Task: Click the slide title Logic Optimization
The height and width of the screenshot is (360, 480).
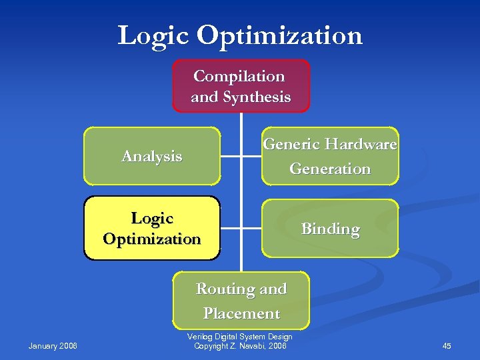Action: (x=240, y=35)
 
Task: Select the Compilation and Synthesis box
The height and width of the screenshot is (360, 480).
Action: (x=241, y=86)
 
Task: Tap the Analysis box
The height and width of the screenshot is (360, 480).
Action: (x=152, y=156)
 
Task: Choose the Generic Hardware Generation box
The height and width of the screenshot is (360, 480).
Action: (x=330, y=156)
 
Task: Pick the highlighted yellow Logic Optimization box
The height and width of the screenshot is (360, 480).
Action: (x=152, y=228)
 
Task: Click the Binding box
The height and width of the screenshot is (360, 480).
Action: (x=330, y=229)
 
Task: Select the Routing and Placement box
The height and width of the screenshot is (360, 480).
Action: (x=241, y=301)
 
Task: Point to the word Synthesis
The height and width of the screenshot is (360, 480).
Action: (x=257, y=97)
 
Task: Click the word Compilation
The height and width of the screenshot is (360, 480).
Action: (x=239, y=76)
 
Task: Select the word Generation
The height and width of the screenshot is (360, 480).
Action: (x=330, y=169)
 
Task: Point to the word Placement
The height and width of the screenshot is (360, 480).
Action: (x=241, y=313)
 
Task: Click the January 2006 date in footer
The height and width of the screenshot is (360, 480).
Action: (x=53, y=345)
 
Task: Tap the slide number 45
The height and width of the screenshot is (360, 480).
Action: (x=447, y=345)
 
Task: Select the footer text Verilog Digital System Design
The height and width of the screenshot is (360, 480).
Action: (x=240, y=337)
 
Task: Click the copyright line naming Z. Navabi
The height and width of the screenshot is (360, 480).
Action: (x=240, y=345)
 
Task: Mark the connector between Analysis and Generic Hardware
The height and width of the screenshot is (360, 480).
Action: (x=241, y=157)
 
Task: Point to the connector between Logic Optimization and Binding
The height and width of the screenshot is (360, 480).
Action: (x=241, y=228)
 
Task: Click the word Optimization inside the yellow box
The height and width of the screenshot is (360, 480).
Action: (x=152, y=239)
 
